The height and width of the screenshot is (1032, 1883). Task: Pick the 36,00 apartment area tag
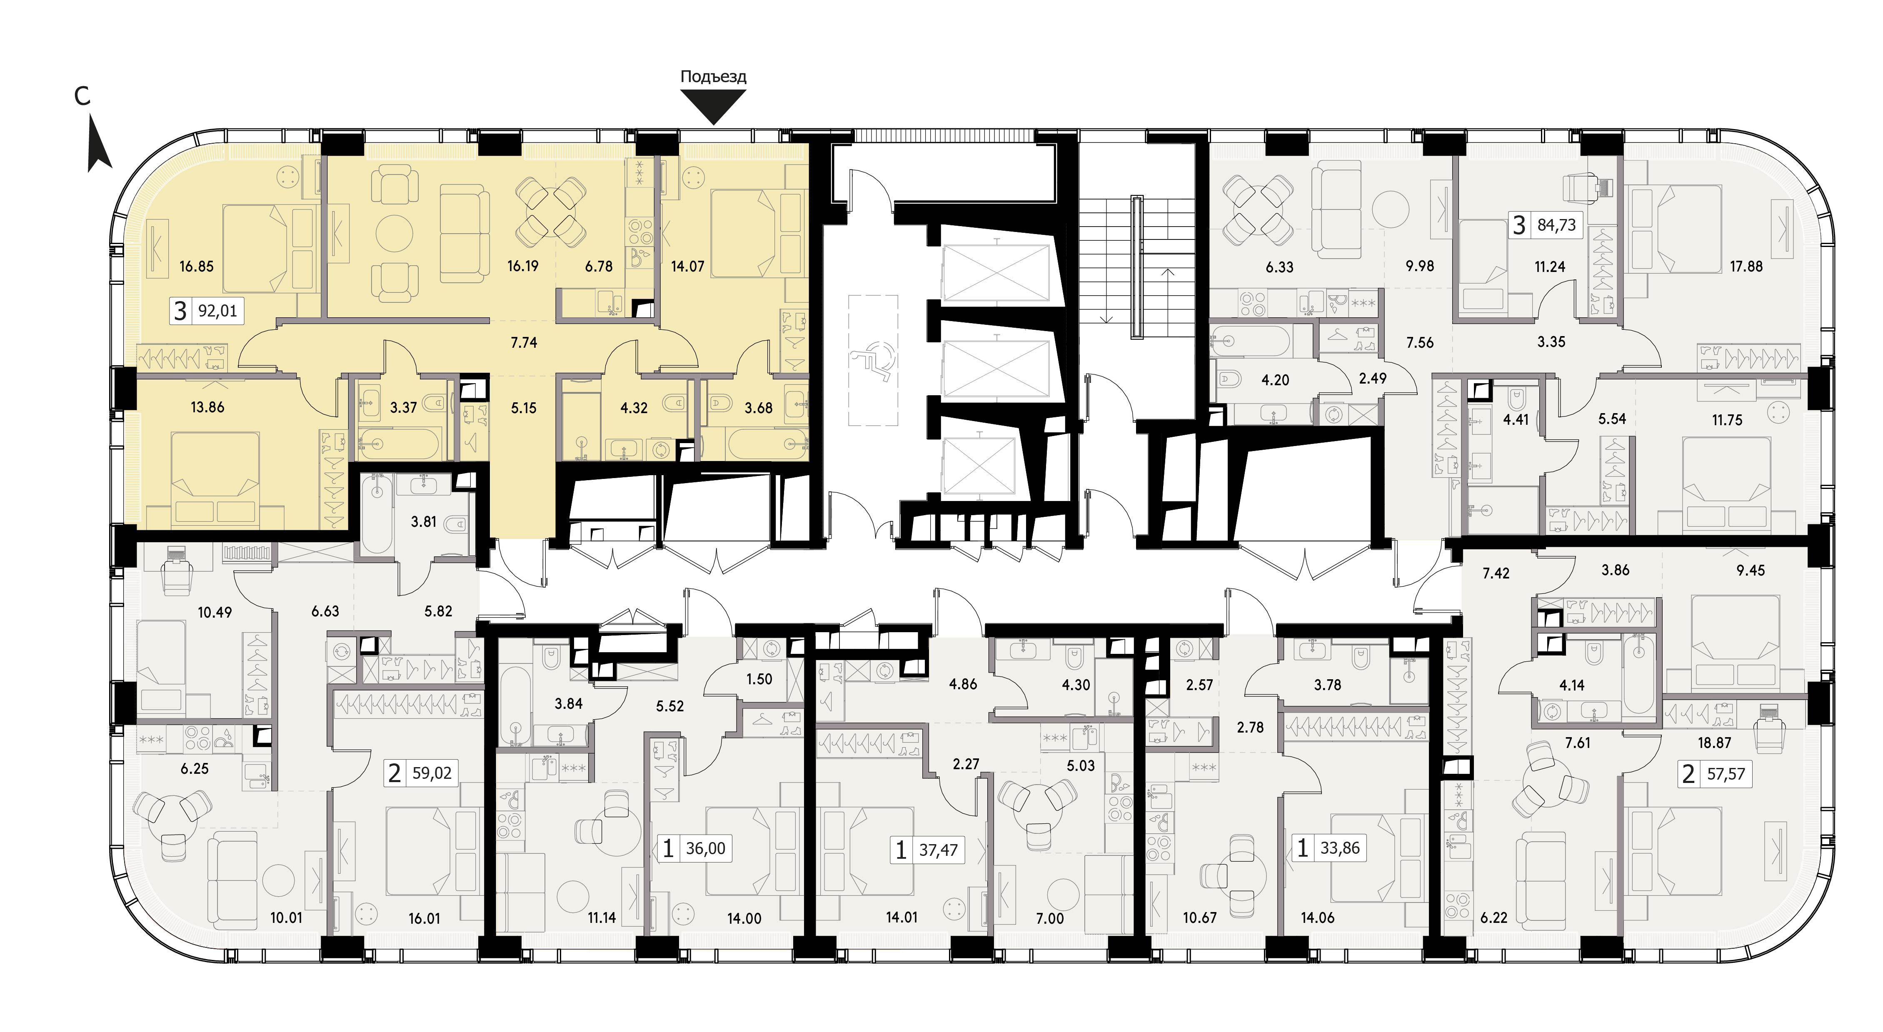(x=695, y=849)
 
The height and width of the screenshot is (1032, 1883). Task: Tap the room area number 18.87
(x=1714, y=743)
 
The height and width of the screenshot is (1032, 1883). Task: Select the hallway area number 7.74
(x=524, y=342)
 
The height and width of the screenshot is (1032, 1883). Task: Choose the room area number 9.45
(x=1751, y=570)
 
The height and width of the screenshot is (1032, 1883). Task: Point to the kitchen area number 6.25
(x=195, y=769)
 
